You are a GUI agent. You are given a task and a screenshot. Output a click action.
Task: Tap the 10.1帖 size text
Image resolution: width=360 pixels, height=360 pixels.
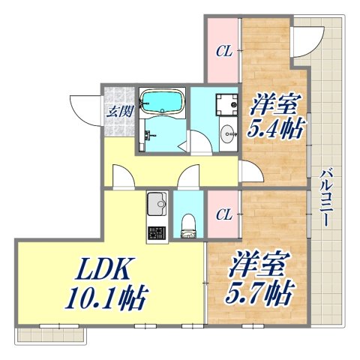click(105, 300)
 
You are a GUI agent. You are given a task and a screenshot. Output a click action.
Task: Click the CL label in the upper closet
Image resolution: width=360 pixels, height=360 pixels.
click(223, 52)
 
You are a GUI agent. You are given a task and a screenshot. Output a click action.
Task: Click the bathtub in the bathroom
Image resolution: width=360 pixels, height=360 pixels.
click(161, 102)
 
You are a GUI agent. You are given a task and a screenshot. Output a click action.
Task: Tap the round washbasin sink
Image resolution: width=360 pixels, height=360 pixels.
click(226, 134)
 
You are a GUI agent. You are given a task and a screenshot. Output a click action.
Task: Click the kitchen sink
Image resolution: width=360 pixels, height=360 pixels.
click(157, 202)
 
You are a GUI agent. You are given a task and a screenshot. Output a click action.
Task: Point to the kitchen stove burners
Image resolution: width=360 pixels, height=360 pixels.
click(156, 232)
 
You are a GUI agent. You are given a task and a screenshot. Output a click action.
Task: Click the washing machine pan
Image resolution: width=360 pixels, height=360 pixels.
click(222, 105)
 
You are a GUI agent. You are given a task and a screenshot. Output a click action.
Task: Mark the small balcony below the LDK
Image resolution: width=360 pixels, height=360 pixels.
click(51, 334)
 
